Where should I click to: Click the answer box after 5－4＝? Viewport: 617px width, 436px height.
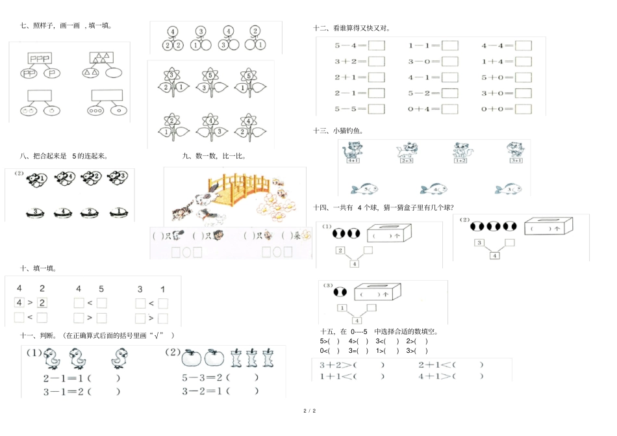point(377,45)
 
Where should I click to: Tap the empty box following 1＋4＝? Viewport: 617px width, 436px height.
point(523,61)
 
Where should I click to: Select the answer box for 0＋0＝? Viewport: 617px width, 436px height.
point(523,109)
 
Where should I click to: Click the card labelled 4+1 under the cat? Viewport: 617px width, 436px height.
point(354,160)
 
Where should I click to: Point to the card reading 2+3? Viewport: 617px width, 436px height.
point(407,160)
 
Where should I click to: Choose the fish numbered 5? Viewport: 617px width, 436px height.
point(365,189)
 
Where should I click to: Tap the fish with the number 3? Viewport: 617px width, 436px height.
point(509,188)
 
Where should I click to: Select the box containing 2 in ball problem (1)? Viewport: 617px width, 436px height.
point(340,251)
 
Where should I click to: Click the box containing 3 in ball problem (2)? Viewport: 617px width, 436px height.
point(479,243)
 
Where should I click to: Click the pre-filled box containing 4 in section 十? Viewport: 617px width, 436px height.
point(19,302)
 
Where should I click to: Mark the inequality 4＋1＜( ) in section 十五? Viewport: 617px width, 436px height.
point(450,376)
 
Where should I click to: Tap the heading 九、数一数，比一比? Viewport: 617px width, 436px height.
point(214,156)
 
